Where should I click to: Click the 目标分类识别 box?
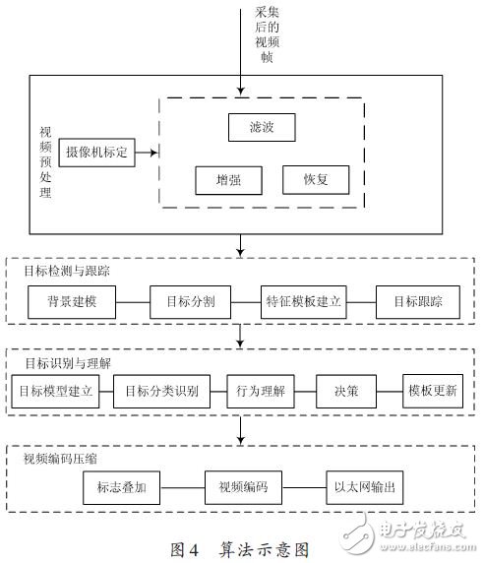tap(161, 390)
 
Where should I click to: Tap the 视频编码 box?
tap(243, 486)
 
